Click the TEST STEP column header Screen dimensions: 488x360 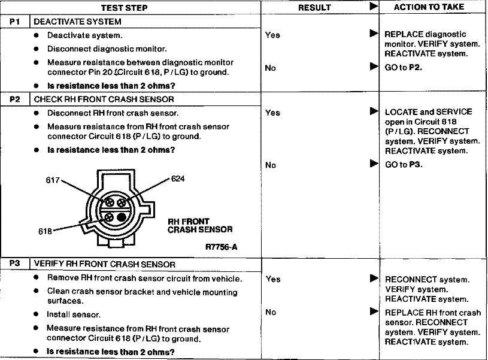(124, 8)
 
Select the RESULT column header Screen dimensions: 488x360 (314, 8)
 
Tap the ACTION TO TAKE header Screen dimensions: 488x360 (429, 7)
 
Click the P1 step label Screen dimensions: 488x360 (14, 22)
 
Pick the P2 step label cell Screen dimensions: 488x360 (14, 99)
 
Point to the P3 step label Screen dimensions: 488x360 (14, 264)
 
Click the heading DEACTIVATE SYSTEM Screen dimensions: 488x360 (77, 22)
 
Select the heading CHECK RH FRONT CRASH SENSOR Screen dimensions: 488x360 (104, 99)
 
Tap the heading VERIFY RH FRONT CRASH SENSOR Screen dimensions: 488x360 (105, 264)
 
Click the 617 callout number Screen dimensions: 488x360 (53, 180)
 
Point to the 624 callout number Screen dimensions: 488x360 (178, 179)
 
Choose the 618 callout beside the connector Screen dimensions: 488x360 (45, 231)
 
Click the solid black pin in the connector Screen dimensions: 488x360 (122, 217)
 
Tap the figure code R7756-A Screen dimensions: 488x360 (222, 247)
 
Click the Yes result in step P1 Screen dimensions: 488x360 (272, 35)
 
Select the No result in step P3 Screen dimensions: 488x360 (271, 311)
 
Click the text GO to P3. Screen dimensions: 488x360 (404, 164)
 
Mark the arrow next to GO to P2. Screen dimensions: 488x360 (374, 66)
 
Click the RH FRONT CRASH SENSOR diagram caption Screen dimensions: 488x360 (200, 225)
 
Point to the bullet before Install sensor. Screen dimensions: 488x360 (36, 314)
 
